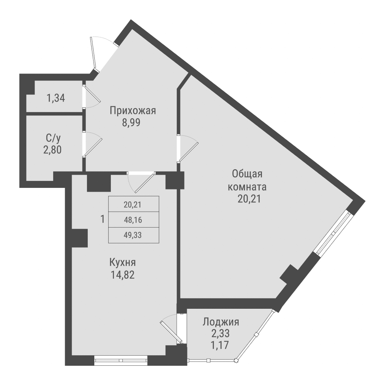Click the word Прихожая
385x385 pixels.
pos(132,111)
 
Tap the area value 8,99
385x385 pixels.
pos(132,124)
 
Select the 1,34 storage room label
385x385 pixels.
pos(56,98)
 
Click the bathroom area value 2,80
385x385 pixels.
pos(52,149)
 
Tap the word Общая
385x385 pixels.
pos(247,174)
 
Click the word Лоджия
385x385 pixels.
pos(221,322)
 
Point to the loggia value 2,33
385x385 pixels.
pos(221,333)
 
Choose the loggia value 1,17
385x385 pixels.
pos(221,345)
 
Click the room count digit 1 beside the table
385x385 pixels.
pos(102,219)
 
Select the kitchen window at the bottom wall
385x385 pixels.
pos(121,361)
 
